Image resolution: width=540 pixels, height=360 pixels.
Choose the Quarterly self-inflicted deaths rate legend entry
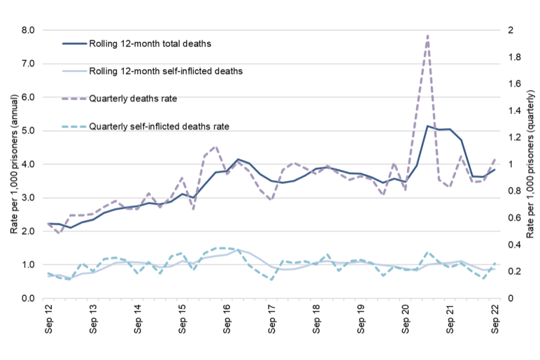(151, 126)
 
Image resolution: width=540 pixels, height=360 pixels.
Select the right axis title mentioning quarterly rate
(530, 164)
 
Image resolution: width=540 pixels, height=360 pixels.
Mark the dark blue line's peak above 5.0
(427, 126)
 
